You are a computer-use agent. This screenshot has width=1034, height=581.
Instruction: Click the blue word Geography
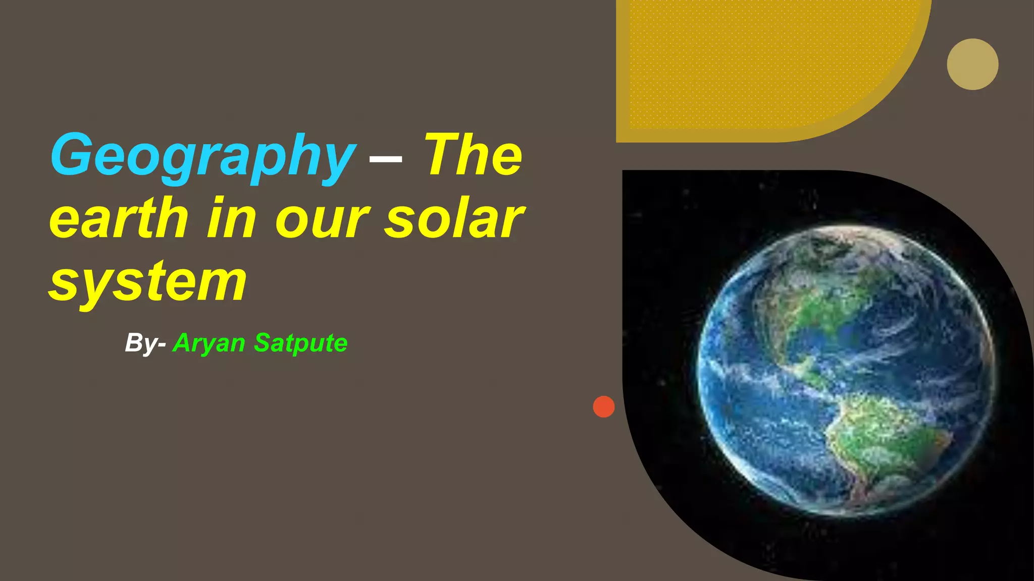pyautogui.click(x=202, y=155)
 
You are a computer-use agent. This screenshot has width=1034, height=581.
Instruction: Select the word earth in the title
pyautogui.click(x=119, y=218)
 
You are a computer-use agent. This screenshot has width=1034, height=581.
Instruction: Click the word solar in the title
pyautogui.click(x=454, y=218)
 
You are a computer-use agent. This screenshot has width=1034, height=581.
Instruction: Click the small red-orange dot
pyautogui.click(x=604, y=406)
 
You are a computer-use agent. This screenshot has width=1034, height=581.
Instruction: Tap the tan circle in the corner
pyautogui.click(x=972, y=64)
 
